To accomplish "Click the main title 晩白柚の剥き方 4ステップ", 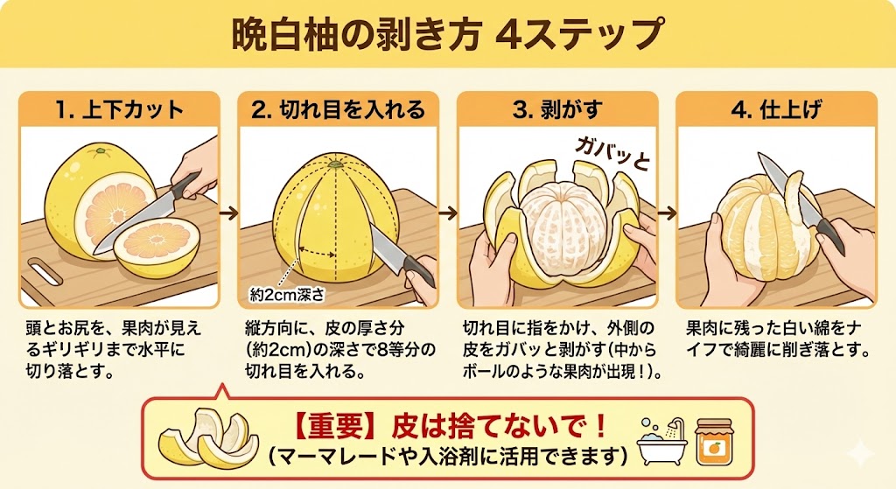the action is point(447,35).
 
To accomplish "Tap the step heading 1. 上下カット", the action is point(119,109).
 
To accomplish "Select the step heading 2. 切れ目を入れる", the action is point(339,109).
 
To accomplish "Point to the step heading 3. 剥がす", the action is point(557,109).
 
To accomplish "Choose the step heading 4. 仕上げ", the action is point(776,109).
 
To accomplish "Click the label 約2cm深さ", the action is point(287,295).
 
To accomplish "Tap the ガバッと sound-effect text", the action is point(612,152).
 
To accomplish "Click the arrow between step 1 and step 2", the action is point(228,213).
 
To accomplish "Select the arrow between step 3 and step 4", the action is point(667,213).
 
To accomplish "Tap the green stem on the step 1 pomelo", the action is point(100,150).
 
